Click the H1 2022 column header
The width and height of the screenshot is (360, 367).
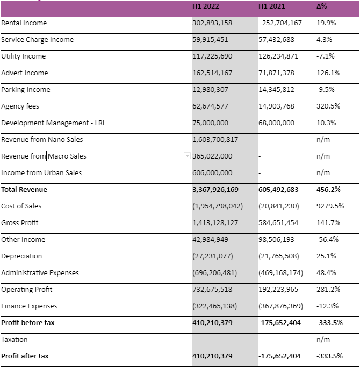click(x=206, y=6)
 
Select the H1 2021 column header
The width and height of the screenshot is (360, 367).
click(x=272, y=6)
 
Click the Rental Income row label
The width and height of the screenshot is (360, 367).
click(x=24, y=23)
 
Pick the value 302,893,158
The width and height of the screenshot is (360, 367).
click(x=212, y=23)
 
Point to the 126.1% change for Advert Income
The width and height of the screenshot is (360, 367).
click(x=328, y=73)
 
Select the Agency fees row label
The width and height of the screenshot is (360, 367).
click(x=20, y=106)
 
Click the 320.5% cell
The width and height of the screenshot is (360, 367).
click(x=328, y=106)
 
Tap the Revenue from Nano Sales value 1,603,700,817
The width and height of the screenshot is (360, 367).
click(x=215, y=140)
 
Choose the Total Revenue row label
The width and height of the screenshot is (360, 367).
click(x=24, y=190)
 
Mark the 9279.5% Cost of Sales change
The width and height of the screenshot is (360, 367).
click(x=330, y=206)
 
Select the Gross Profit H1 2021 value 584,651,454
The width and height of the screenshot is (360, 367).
click(x=278, y=223)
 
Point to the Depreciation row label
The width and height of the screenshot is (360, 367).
click(x=21, y=256)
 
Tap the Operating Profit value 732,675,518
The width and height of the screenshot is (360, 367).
click(x=212, y=290)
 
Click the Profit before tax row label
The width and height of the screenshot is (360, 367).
click(x=28, y=323)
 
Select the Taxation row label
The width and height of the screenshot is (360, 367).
click(x=15, y=340)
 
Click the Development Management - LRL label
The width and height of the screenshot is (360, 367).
click(x=54, y=123)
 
